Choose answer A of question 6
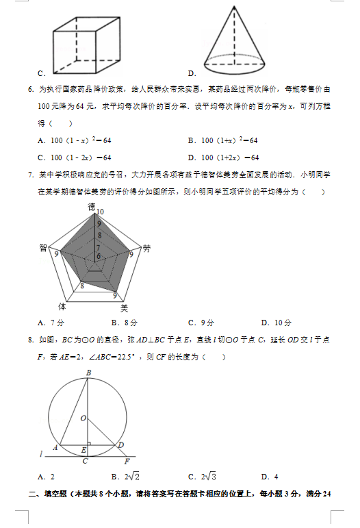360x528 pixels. pyautogui.click(x=75, y=140)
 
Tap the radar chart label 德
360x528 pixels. pyautogui.click(x=92, y=205)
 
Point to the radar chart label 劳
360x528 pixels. pyautogui.click(x=146, y=249)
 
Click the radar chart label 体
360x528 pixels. pyautogui.click(x=62, y=306)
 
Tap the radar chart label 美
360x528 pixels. pyautogui.click(x=124, y=308)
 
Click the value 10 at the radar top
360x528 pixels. pyautogui.click(x=100, y=212)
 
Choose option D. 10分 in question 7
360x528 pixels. pyautogui.click(x=277, y=323)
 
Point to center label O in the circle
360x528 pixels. pyautogui.click(x=82, y=417)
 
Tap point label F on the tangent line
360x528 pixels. pyautogui.click(x=127, y=461)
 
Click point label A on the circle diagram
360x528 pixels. pyautogui.click(x=55, y=447)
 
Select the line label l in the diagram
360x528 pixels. pyautogui.click(x=42, y=453)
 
